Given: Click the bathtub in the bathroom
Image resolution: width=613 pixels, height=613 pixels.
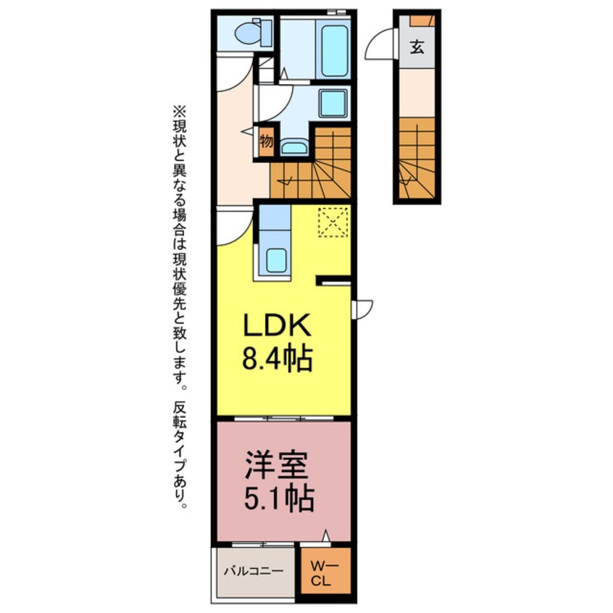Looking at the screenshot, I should tap(334, 49).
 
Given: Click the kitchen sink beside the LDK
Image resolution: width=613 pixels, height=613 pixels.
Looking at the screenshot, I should tap(276, 259).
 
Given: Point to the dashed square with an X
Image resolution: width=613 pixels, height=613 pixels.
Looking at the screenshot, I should tap(334, 222).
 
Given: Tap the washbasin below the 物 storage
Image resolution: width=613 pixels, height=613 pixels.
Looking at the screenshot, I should tap(293, 148).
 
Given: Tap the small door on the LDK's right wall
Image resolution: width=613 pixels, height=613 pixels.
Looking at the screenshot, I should tap(362, 309).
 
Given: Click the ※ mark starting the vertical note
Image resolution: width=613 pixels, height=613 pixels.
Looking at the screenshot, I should tap(179, 112).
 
